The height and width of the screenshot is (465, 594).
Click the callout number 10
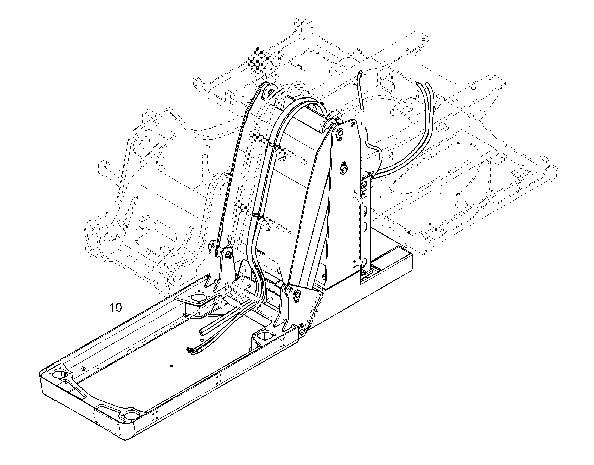click(x=115, y=308)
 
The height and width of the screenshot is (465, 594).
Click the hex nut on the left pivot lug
click(x=228, y=255)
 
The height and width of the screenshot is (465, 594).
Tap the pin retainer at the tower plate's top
click(x=339, y=134)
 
